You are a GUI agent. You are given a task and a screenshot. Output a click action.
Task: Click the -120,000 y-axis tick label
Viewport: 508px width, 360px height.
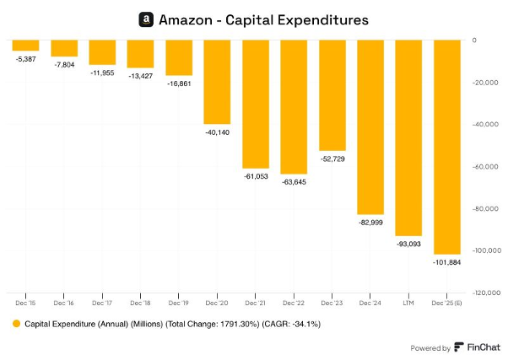(x=484, y=293)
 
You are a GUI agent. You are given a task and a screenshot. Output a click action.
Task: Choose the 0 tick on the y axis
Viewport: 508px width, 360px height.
(x=474, y=40)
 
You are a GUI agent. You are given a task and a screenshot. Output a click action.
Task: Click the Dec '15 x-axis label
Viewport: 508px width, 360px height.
(x=25, y=301)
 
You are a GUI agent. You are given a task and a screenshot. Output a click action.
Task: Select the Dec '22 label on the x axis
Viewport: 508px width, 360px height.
(x=293, y=301)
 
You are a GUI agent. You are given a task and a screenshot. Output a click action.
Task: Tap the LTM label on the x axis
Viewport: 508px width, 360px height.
(x=408, y=301)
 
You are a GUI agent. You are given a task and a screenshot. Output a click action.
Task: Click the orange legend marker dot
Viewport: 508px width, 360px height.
(x=15, y=323)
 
